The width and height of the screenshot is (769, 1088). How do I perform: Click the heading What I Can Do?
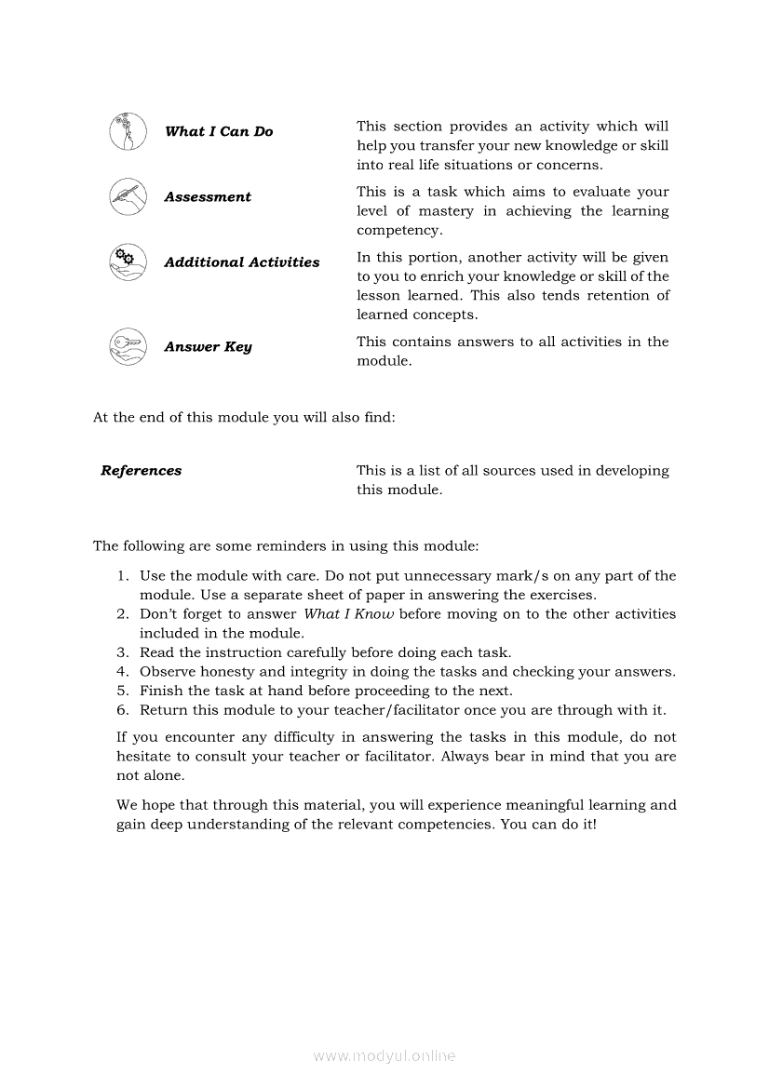219,132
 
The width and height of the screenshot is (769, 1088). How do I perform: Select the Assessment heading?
208,197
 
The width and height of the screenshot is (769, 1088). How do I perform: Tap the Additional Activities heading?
242,262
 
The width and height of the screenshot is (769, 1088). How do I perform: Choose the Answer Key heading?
208,347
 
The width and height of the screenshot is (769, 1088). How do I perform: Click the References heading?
142,471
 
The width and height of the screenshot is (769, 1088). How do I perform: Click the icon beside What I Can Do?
128,131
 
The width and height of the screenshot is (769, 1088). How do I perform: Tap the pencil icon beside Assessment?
128,196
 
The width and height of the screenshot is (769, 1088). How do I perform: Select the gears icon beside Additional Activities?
128,262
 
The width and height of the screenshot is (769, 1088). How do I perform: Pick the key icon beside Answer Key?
128,346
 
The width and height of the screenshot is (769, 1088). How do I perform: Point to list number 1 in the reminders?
122,576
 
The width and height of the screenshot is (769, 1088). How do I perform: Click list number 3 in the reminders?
122,652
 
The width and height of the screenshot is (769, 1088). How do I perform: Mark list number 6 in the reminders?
122,710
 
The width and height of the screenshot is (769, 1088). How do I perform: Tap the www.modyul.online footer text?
384,1056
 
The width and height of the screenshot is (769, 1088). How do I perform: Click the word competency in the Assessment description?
399,231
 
